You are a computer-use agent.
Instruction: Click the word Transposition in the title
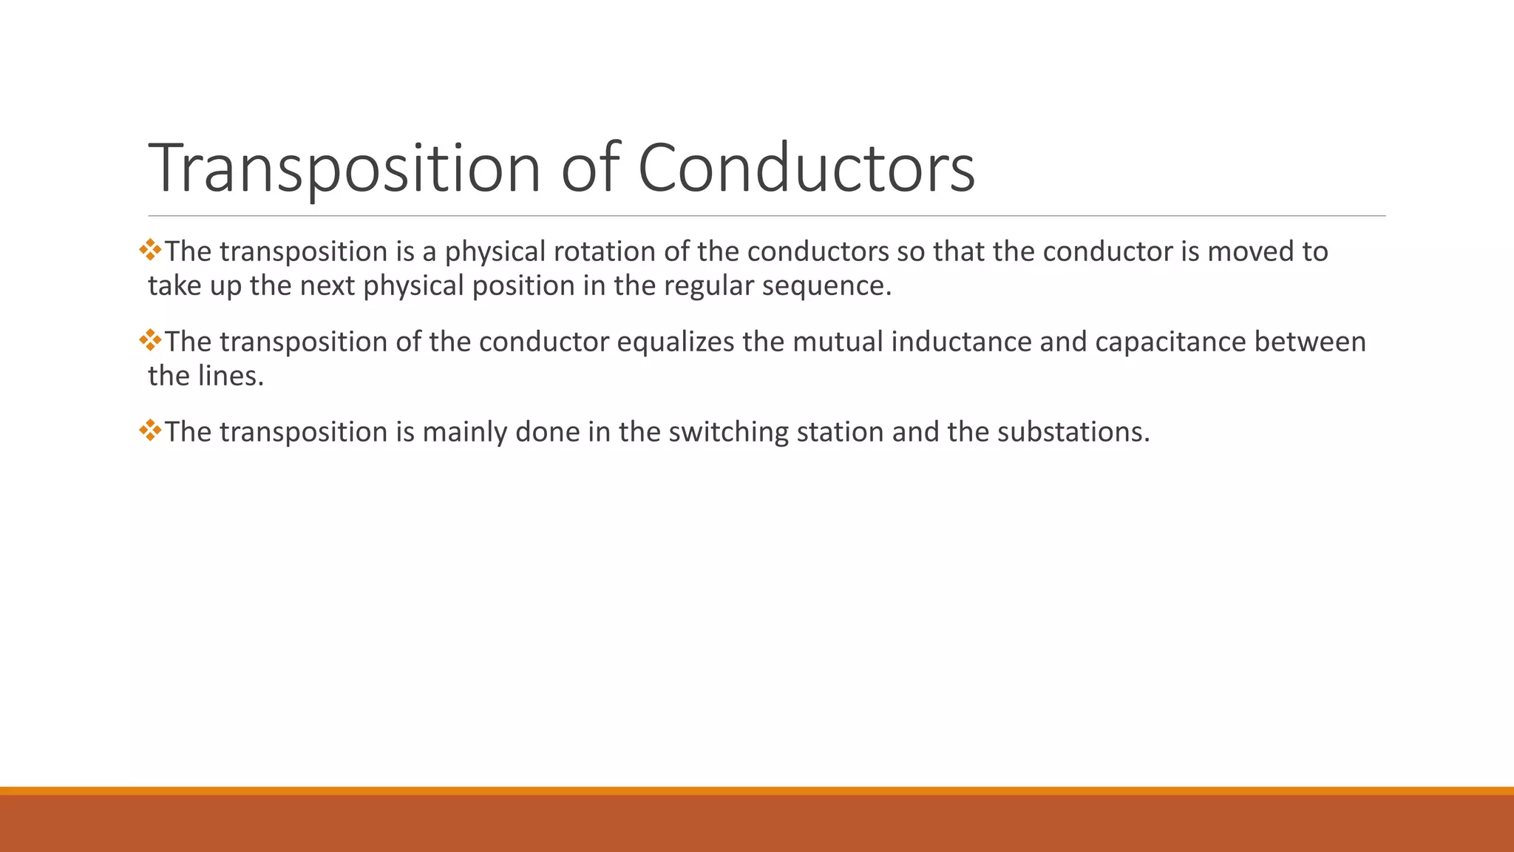coord(345,169)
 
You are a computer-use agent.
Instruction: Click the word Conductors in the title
coord(806,169)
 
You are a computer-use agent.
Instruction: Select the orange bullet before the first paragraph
coord(150,250)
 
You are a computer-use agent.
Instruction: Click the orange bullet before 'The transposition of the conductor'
coord(150,340)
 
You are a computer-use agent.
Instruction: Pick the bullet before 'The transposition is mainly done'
coord(150,430)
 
